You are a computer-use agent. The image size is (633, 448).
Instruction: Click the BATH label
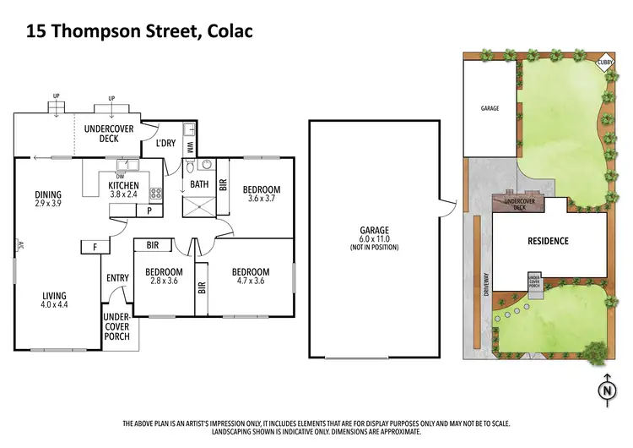[x=199, y=183]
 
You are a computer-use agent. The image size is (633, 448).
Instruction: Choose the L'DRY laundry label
[x=165, y=144]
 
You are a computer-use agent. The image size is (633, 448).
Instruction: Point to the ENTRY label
[x=117, y=278]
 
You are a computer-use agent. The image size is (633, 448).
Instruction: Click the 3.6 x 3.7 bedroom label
[x=261, y=194]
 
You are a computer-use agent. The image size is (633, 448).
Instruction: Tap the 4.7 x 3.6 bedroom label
[x=252, y=277]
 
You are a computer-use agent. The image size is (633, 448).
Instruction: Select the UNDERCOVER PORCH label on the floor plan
[x=116, y=326]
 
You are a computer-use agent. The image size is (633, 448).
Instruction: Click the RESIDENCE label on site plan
[x=548, y=241]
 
